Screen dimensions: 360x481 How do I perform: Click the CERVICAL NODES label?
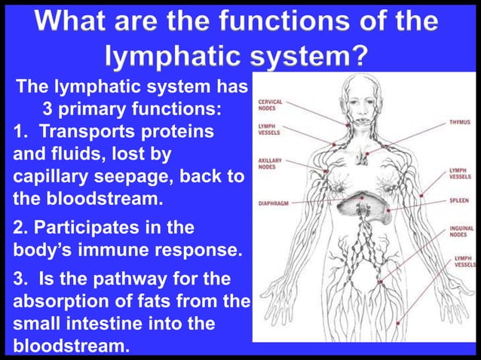271,105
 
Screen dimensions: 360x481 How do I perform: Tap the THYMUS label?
459,121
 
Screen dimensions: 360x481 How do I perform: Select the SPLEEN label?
461,203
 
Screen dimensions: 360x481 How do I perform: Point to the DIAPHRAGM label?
274,203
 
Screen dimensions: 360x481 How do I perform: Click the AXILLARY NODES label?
270,163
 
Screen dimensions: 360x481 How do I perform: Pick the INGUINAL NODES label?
461,230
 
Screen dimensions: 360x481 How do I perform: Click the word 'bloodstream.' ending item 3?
70,348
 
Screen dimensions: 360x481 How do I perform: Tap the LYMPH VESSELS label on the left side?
270,131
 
